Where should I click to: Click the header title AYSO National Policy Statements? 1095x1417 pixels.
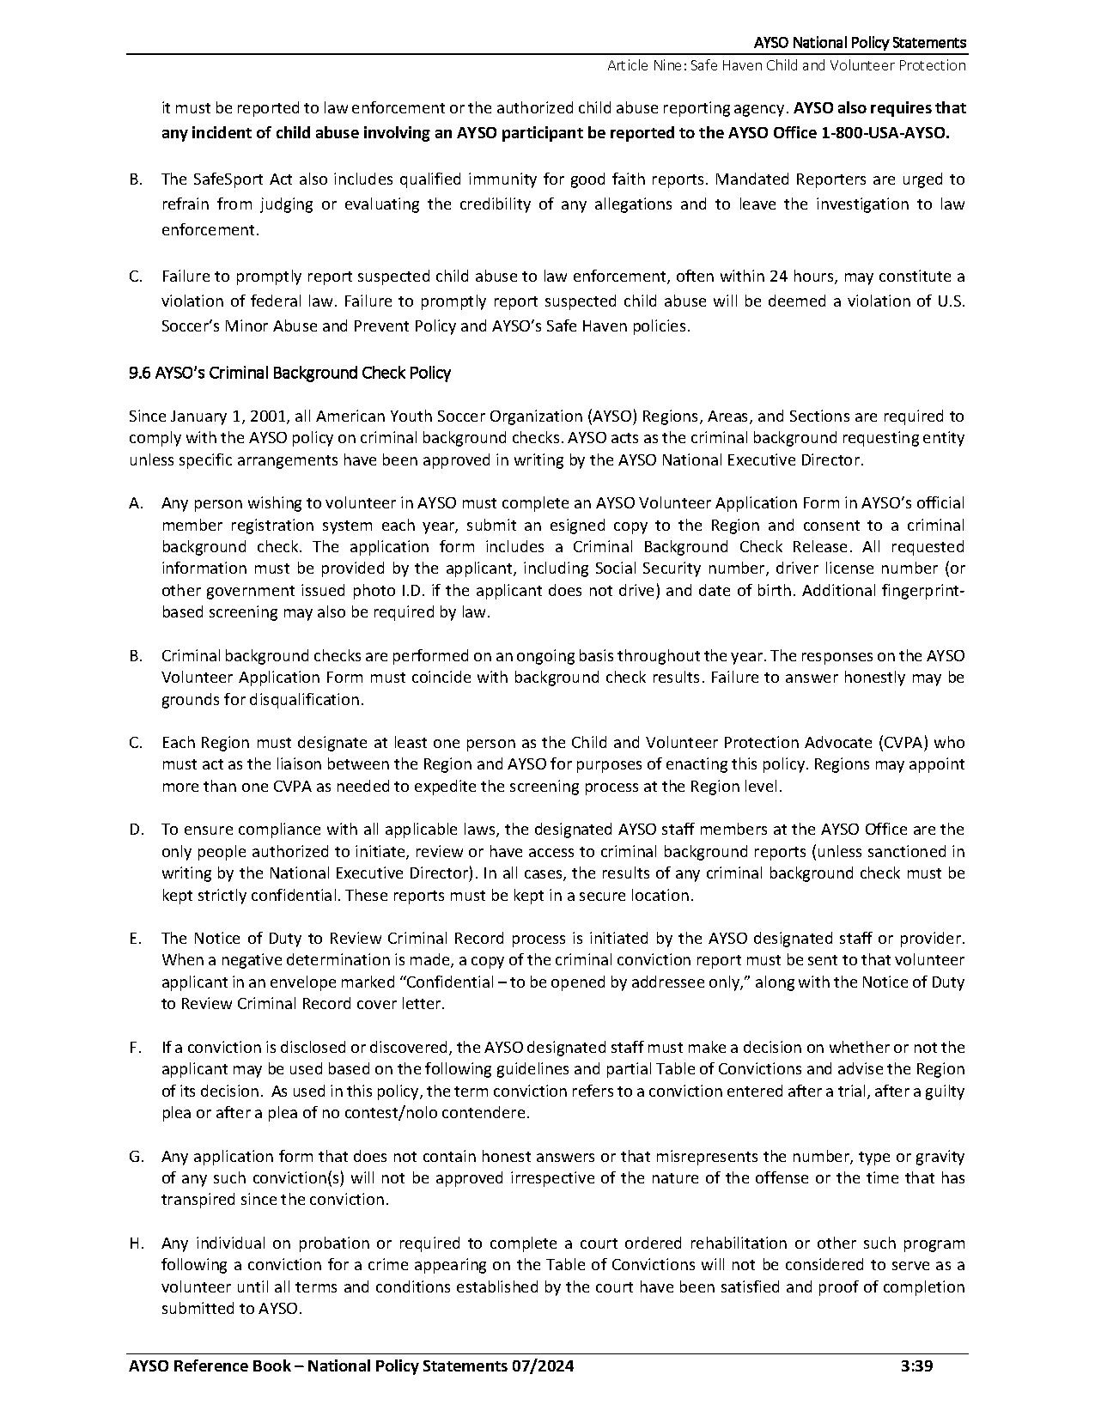[860, 42]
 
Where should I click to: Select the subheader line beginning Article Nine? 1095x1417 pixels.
[786, 65]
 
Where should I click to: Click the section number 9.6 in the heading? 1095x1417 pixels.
[139, 373]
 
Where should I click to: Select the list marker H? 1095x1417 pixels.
[136, 1244]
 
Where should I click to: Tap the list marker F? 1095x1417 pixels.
[134, 1048]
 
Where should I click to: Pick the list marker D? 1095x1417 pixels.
[136, 830]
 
